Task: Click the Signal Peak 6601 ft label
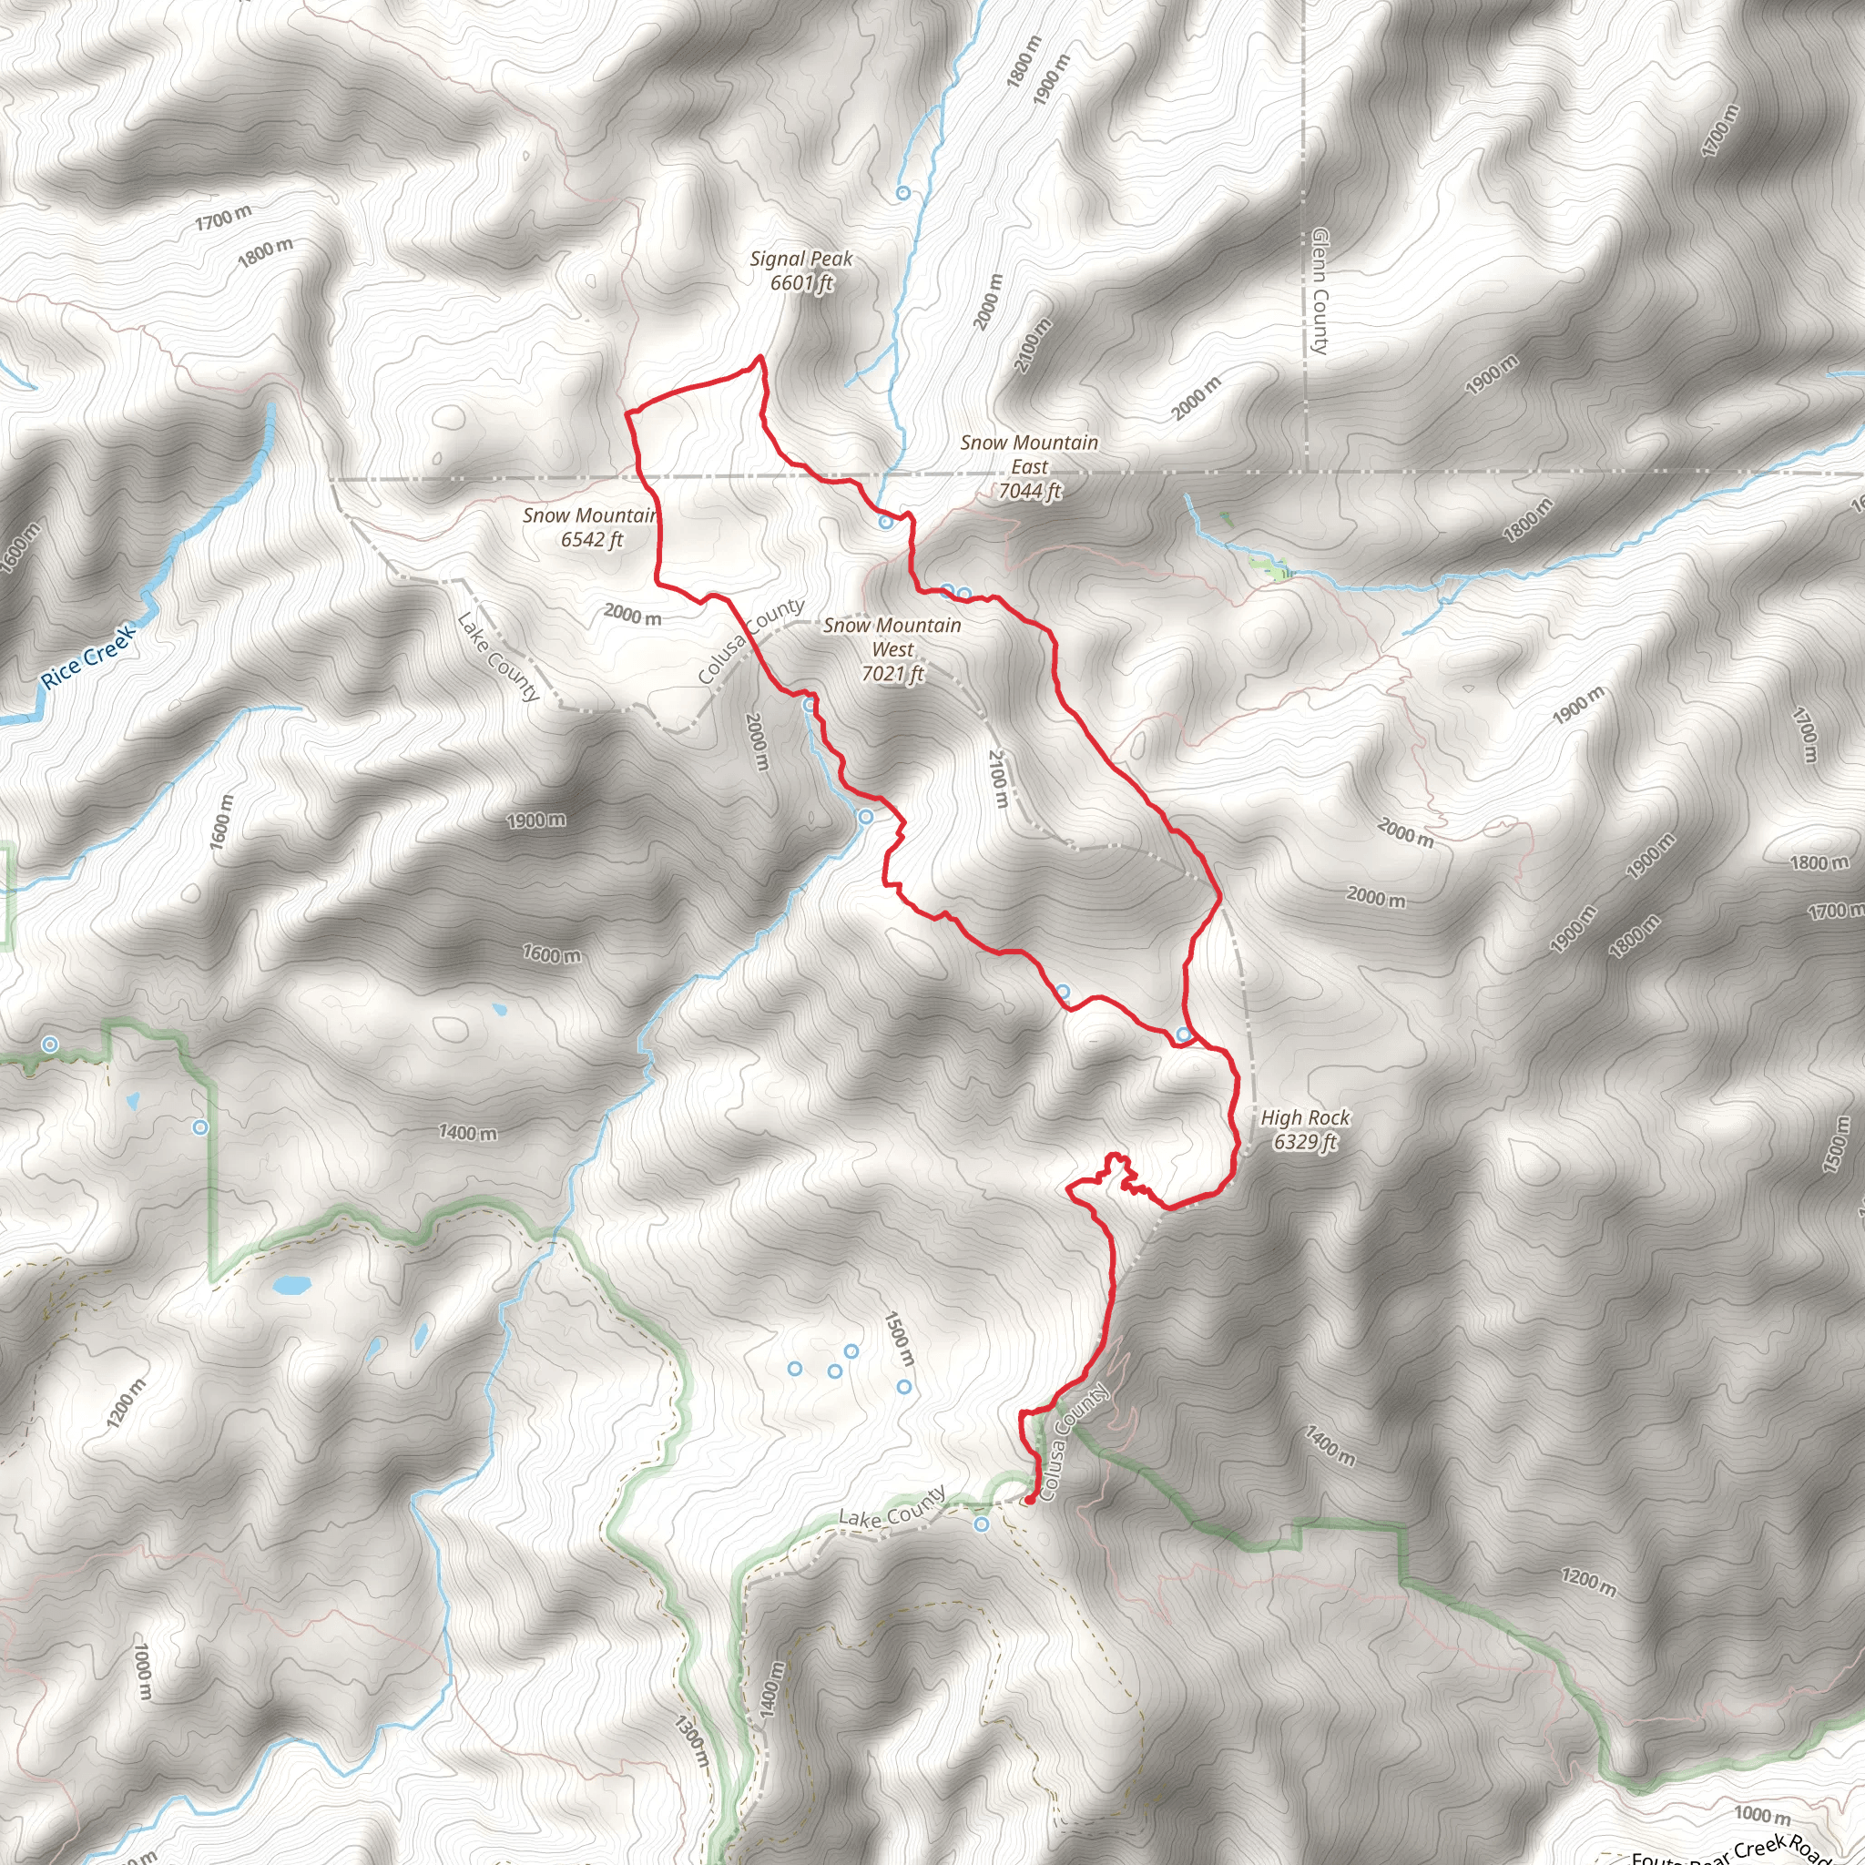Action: (x=801, y=271)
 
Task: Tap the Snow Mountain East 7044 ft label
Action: (x=1029, y=467)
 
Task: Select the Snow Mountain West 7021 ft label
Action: (x=892, y=649)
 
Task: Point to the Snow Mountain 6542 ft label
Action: (x=590, y=528)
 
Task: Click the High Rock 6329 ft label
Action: (x=1305, y=1129)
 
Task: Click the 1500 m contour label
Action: (x=899, y=1338)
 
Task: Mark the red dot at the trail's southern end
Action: (x=1029, y=1500)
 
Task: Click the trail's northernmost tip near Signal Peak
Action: (x=760, y=358)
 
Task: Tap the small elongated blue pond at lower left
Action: (x=290, y=1286)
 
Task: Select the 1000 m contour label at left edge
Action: (x=142, y=1673)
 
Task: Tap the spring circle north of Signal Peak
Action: (x=902, y=193)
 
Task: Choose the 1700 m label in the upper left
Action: (x=223, y=219)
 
